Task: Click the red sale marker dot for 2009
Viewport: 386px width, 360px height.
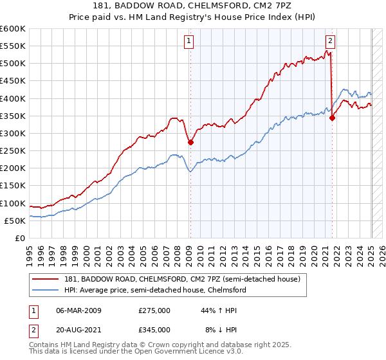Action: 190,143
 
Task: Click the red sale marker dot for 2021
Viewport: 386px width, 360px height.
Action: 332,118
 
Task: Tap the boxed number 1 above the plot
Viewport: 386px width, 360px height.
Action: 190,41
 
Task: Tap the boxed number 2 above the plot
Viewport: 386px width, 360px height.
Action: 330,41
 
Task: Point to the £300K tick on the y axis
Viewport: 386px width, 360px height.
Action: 12,133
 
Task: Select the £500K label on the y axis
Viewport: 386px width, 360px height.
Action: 12,64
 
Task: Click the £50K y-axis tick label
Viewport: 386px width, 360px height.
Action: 15,221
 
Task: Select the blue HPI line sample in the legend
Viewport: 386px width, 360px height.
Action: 45,290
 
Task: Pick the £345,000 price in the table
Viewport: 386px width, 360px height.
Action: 154,329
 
